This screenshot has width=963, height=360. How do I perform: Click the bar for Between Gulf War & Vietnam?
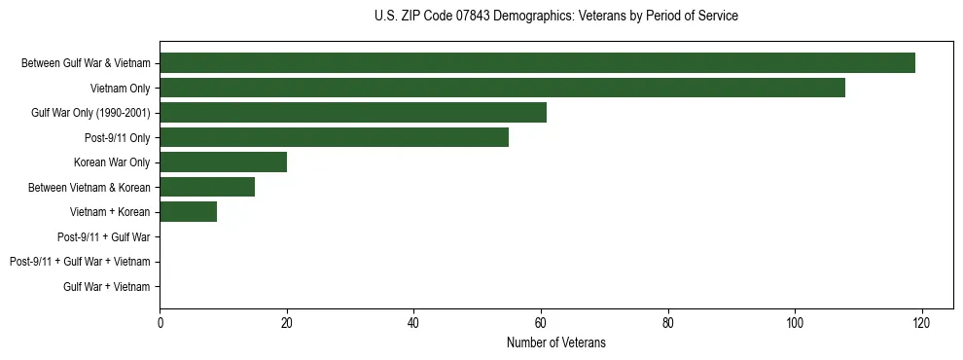(537, 63)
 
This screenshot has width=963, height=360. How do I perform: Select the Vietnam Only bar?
(502, 89)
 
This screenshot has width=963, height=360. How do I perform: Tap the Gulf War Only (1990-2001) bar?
(353, 113)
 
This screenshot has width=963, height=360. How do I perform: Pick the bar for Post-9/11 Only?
(334, 138)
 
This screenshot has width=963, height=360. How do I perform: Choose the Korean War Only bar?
(223, 162)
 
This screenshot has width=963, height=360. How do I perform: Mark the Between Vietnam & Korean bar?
(207, 187)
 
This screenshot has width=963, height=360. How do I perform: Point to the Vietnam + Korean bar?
(188, 212)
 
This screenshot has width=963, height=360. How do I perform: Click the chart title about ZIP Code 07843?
(555, 17)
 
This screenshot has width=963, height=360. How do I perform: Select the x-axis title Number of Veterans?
(555, 342)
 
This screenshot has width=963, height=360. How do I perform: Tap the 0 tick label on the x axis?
(160, 323)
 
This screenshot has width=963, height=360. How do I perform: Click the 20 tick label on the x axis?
(286, 323)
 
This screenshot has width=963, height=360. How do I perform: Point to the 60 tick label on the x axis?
(541, 323)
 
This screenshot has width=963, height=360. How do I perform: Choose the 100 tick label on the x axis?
(795, 323)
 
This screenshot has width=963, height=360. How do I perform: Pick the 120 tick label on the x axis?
(921, 323)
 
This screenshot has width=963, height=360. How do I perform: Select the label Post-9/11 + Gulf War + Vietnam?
(80, 262)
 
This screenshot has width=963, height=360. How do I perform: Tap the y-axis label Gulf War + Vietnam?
(107, 286)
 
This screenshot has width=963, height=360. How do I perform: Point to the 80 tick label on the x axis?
(667, 323)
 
